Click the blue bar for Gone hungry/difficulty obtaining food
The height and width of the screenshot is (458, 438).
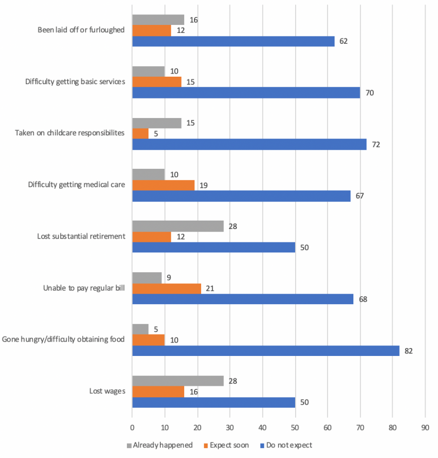coord(265,351)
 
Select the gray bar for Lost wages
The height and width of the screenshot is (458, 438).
coord(178,381)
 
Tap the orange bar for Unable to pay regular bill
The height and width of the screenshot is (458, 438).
coord(166,289)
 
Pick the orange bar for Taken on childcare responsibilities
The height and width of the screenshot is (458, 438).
coord(140,133)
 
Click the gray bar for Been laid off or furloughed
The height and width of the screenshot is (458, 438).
coord(158,19)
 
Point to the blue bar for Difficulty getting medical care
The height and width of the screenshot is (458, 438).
coord(241,196)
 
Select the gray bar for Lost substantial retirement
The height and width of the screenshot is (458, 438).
coord(178,227)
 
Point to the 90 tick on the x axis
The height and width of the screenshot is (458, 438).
coord(425,427)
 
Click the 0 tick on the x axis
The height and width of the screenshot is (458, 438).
coord(132,427)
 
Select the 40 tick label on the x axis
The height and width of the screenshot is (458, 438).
coord(262,427)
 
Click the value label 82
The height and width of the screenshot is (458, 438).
coord(409,351)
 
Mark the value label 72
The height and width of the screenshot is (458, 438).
coord(376,144)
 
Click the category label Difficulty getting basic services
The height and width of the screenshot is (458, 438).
coord(75,82)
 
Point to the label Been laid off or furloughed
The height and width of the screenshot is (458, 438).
coord(81,30)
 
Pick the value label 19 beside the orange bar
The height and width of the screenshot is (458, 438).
coord(204,185)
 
